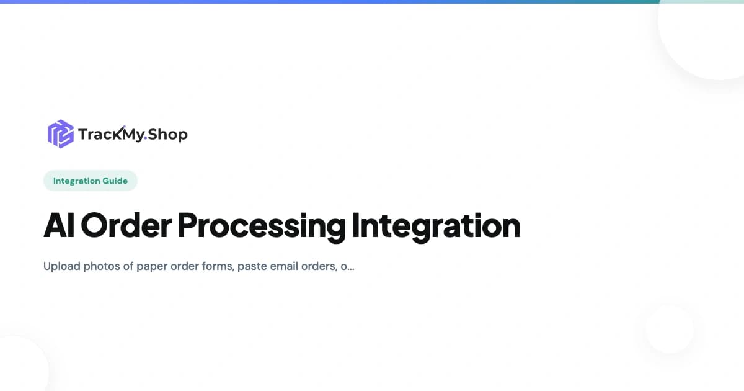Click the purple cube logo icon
tap(61, 133)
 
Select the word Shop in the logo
tap(167, 134)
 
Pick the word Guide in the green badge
tap(115, 181)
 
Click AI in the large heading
tap(58, 226)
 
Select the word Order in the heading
tap(126, 226)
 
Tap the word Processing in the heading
tap(261, 226)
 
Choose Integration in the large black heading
tap(436, 226)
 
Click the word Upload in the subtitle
tap(61, 266)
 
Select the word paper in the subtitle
tap(152, 266)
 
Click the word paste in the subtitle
tap(252, 266)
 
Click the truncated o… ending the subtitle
tap(348, 266)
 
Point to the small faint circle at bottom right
tap(670, 329)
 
